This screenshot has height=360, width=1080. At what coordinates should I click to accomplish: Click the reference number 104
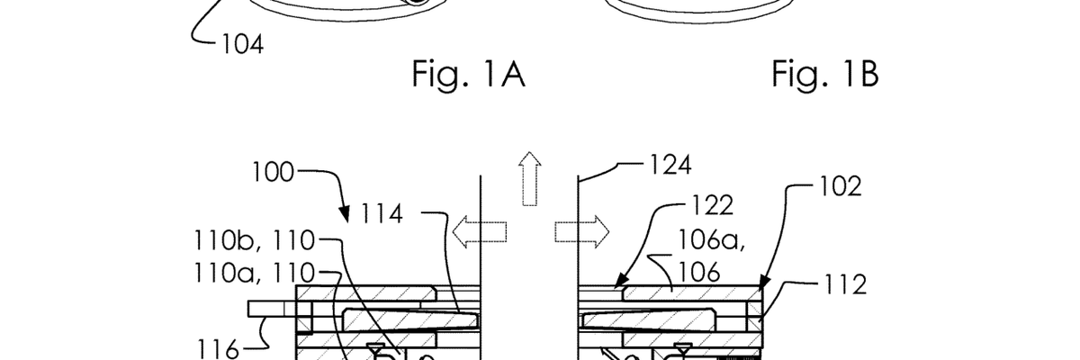pyautogui.click(x=242, y=44)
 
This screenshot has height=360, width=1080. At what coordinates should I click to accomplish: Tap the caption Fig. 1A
pyautogui.click(x=468, y=75)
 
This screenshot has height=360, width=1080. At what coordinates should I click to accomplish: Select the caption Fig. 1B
pyautogui.click(x=825, y=74)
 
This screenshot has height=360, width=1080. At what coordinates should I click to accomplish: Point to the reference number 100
pyautogui.click(x=273, y=172)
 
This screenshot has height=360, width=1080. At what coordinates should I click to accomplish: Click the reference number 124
pyautogui.click(x=670, y=165)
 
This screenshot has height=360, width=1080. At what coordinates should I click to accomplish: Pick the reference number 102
pyautogui.click(x=841, y=186)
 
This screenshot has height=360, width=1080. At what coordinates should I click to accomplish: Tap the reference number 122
pyautogui.click(x=713, y=205)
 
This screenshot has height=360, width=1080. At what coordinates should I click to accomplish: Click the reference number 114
pyautogui.click(x=382, y=213)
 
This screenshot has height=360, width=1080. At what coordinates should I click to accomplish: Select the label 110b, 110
pyautogui.click(x=254, y=240)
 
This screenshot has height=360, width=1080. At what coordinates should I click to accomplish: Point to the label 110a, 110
pyautogui.click(x=254, y=273)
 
